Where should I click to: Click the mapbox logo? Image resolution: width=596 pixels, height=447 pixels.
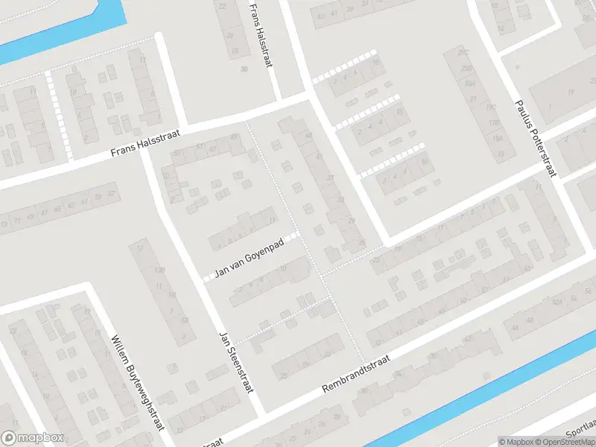click(33, 438)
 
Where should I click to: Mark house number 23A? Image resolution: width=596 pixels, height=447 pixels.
click(470, 84)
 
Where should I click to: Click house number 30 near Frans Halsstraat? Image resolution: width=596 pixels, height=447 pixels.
click(244, 69)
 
